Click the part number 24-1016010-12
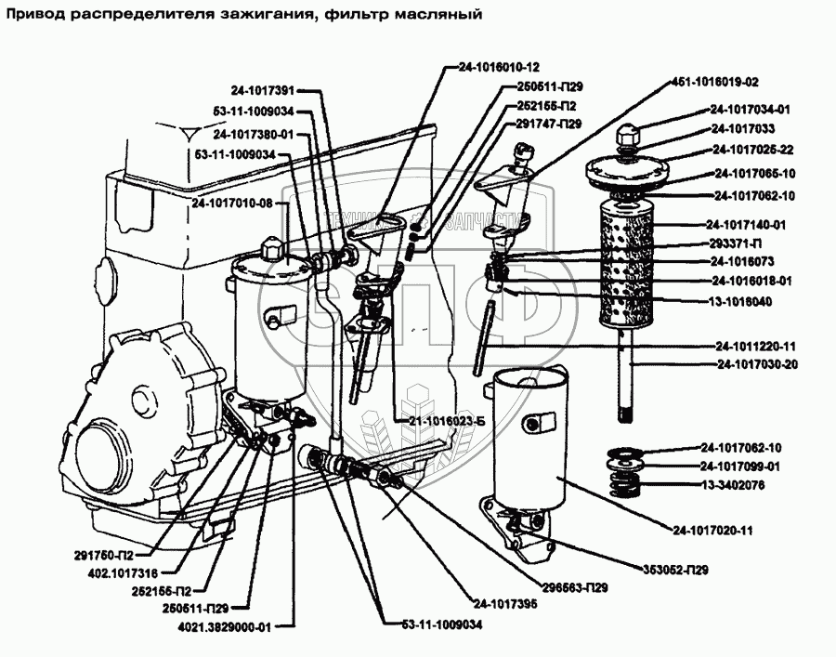pyautogui.click(x=499, y=67)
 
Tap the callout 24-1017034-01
pyautogui.click(x=751, y=108)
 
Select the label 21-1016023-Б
pyautogui.click(x=447, y=420)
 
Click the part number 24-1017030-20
pyautogui.click(x=758, y=363)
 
